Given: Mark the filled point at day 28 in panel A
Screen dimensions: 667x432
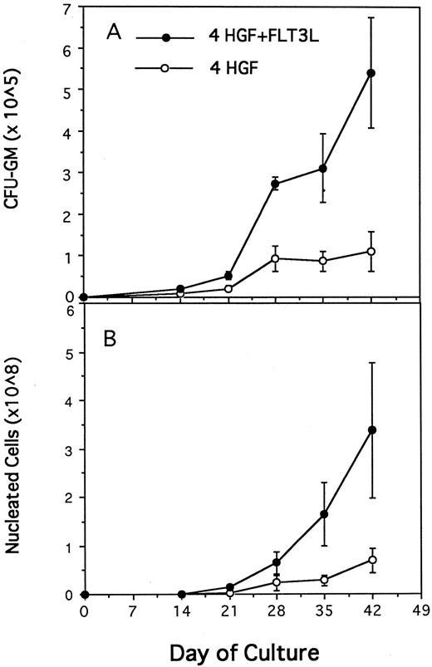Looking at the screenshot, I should pyautogui.click(x=276, y=184).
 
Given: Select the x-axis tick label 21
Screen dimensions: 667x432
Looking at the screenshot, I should pyautogui.click(x=228, y=611).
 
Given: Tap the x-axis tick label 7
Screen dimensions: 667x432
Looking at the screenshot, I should pyautogui.click(x=132, y=611).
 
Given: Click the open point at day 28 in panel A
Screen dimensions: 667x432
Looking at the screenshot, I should pyautogui.click(x=276, y=258).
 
